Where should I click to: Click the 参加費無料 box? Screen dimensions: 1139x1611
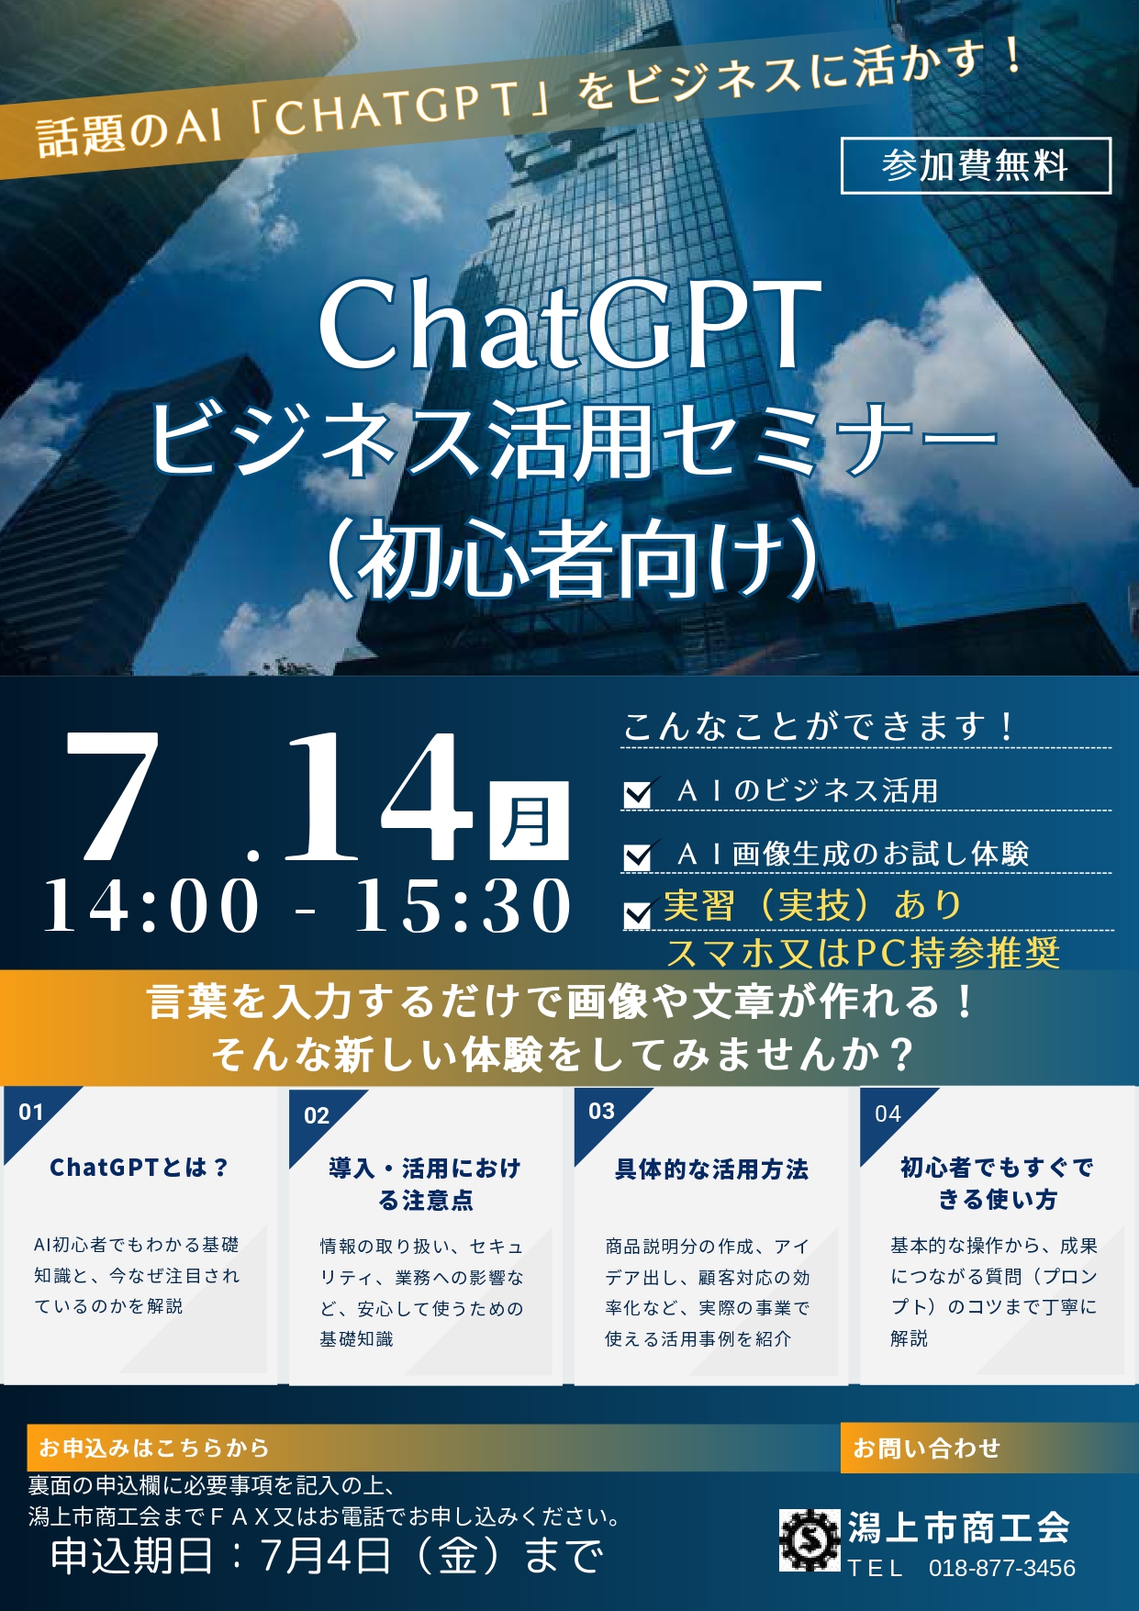976,166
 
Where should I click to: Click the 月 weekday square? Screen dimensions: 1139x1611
529,821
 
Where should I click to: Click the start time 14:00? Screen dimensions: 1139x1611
152,906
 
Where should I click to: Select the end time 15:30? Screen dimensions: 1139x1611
463,906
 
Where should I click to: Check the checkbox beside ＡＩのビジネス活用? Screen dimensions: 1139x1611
638,792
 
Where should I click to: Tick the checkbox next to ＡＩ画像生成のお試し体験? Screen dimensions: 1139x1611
638,856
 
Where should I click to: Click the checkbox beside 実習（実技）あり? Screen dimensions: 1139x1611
638,913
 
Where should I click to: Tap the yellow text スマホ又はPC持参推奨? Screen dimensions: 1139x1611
863,953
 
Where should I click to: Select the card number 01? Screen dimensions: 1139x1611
31,1113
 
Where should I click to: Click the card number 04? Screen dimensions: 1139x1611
888,1114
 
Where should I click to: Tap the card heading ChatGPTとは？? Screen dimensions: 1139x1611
139,1168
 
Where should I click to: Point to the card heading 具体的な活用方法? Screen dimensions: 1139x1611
711,1169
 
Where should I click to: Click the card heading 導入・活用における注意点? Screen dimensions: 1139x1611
425,1184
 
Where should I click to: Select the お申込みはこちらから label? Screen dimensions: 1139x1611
153,1448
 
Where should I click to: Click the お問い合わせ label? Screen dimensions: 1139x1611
926,1448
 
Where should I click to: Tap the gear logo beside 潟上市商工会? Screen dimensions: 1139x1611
810,1539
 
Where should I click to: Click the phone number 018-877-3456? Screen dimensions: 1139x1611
1001,1568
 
